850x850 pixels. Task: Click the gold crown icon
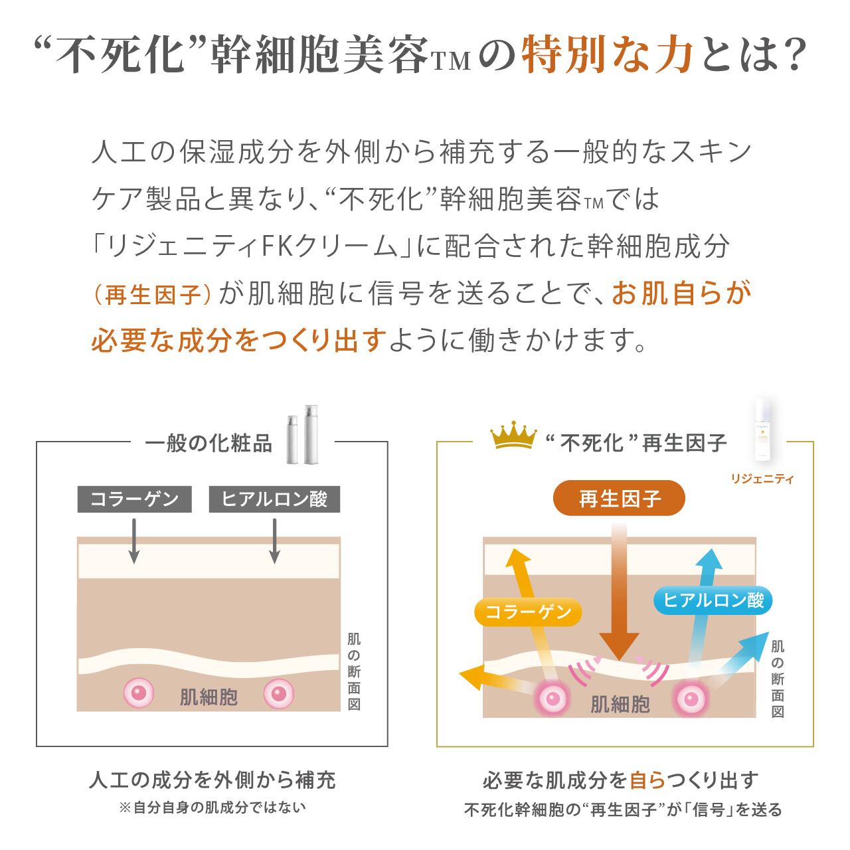[x=512, y=438]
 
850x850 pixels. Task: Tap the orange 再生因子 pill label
[x=619, y=498]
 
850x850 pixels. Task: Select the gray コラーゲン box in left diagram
[x=135, y=499]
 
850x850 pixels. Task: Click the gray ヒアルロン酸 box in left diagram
[x=274, y=499]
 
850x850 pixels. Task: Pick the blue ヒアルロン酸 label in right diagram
[x=713, y=600]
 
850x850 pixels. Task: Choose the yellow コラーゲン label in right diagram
[x=529, y=612]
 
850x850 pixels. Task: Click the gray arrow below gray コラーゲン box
[x=134, y=541]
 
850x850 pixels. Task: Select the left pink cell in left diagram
[x=139, y=693]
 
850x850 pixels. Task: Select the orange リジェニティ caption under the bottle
[x=762, y=479]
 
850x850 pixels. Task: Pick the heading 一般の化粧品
[x=209, y=444]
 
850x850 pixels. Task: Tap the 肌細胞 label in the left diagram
[x=209, y=697]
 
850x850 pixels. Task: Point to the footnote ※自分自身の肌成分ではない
[x=212, y=807]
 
